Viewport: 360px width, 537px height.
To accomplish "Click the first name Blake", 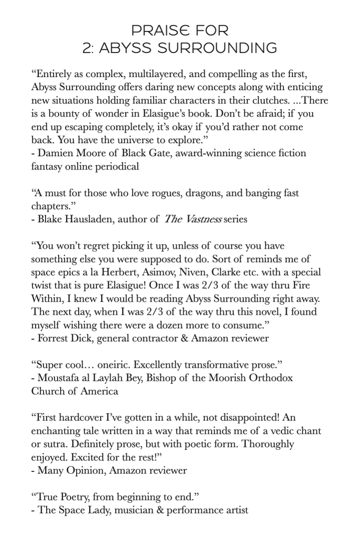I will (50, 219).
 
